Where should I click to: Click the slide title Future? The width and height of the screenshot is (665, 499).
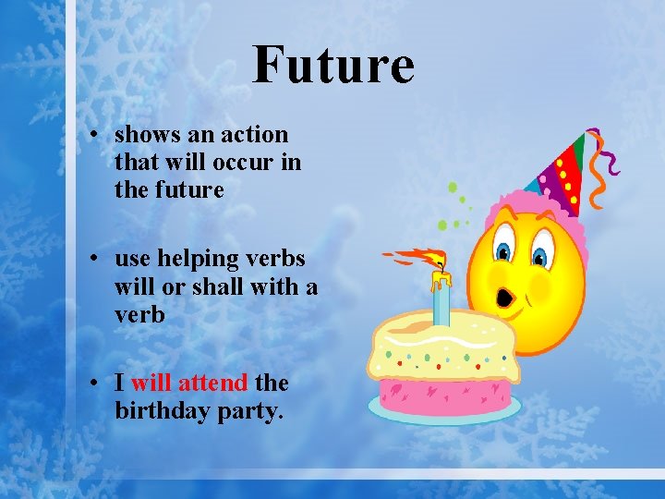pyautogui.click(x=333, y=65)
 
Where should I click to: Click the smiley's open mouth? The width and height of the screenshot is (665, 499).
pyautogui.click(x=505, y=298)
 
